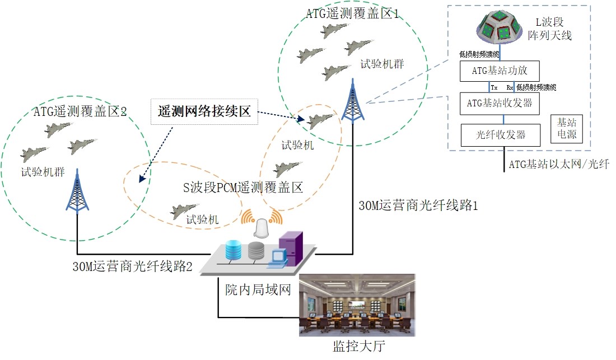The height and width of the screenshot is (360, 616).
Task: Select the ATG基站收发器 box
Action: coord(500,104)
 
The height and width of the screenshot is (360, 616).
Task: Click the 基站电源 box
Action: coord(567,129)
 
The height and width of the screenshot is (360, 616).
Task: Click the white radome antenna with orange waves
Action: coord(262,227)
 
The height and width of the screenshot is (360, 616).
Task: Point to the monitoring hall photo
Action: coord(357,305)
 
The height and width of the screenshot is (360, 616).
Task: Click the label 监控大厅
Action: coord(358,346)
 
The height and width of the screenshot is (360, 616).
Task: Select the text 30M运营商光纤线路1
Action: coord(418,205)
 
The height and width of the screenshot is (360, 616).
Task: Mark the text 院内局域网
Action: coord(258,289)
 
